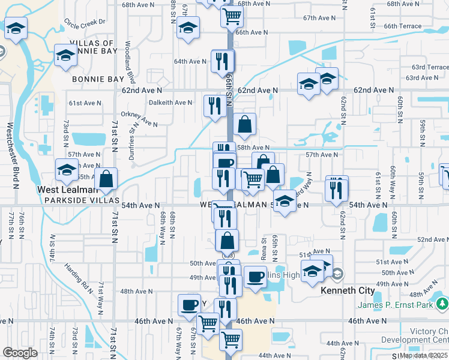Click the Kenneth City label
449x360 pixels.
coord(348,290)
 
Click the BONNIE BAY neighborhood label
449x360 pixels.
coord(98,79)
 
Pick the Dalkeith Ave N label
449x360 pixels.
coord(170,103)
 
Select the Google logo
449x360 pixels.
coord(20,353)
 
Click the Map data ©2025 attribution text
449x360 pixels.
coord(424,355)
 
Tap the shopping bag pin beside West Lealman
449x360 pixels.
coord(106,179)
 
